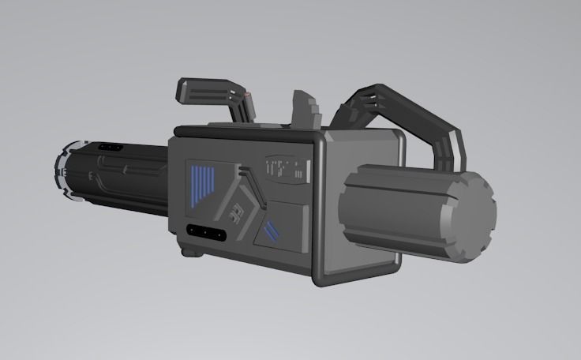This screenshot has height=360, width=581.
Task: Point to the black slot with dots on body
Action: click(x=204, y=233)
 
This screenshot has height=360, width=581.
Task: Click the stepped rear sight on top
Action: click(x=307, y=109)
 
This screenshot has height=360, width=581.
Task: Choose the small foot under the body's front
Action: click(x=189, y=253)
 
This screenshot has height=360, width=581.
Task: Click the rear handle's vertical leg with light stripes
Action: click(x=452, y=150)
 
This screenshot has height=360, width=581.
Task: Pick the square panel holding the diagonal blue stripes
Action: click(x=280, y=225)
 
